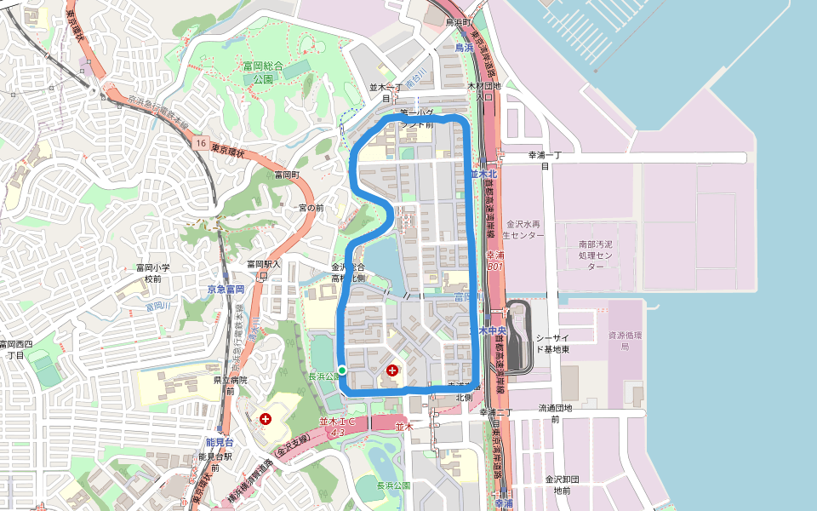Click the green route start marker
(341, 370)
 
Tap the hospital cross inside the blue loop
(392, 370)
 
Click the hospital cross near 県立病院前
(266, 418)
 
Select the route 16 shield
(199, 142)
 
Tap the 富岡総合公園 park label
(262, 72)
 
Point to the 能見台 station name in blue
(220, 442)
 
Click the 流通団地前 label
(556, 413)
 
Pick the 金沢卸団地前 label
(563, 484)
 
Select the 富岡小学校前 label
(153, 273)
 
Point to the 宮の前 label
(311, 208)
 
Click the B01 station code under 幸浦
(495, 266)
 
